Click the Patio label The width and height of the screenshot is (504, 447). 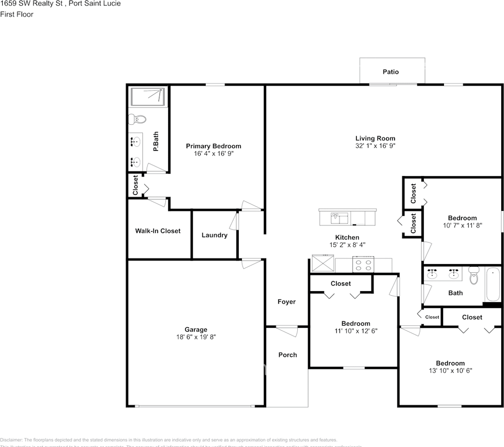390,72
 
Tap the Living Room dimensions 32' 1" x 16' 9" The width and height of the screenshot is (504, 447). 375,146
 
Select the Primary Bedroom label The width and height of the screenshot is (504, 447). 214,146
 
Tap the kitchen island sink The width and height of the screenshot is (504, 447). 340,217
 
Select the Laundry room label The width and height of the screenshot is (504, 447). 215,235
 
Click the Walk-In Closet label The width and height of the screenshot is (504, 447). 158,231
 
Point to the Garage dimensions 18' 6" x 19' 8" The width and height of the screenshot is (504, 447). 195,337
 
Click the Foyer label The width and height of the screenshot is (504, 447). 287,302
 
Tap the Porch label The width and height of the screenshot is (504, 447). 288,355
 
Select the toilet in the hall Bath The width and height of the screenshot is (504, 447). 474,276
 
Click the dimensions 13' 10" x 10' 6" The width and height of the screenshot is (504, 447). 450,371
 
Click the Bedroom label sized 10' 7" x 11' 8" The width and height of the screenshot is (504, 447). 462,218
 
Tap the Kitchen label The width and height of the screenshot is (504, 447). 347,237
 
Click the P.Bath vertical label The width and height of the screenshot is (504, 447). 156,141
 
